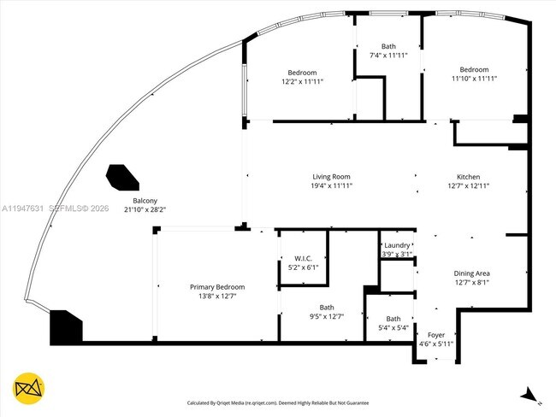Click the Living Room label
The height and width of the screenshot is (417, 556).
click(331, 176)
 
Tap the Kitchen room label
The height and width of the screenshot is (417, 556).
click(468, 176)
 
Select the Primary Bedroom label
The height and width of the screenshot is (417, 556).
click(217, 287)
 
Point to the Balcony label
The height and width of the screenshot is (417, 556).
click(145, 200)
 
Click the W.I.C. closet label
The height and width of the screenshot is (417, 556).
click(303, 258)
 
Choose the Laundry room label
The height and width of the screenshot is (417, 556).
click(398, 245)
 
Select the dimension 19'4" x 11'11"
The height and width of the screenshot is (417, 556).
click(331, 185)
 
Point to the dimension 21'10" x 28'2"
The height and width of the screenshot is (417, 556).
click(145, 208)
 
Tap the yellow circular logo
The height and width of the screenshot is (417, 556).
click(28, 389)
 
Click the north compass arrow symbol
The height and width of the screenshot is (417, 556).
click(529, 395)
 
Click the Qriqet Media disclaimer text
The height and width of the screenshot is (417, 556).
click(279, 402)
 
